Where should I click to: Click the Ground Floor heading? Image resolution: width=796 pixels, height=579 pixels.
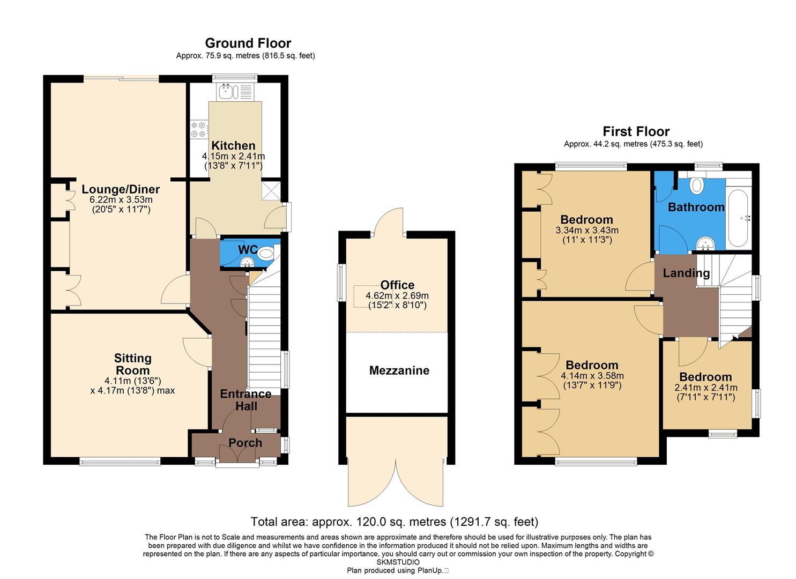pyautogui.click(x=248, y=43)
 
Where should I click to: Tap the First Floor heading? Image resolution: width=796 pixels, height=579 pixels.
pyautogui.click(x=636, y=131)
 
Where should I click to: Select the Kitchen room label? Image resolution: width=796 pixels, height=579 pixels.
pyautogui.click(x=233, y=146)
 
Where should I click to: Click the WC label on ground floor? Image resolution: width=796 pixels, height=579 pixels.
pyautogui.click(x=248, y=250)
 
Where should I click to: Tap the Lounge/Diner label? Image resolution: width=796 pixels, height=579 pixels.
pyautogui.click(x=121, y=189)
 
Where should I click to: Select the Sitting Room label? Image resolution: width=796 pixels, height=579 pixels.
pyautogui.click(x=133, y=364)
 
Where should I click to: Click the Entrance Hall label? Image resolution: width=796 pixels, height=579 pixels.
pyautogui.click(x=246, y=400)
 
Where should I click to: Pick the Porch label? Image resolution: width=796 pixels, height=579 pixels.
pyautogui.click(x=246, y=443)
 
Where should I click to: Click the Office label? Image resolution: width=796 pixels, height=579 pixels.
pyautogui.click(x=397, y=285)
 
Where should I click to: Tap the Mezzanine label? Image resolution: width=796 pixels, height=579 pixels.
pyautogui.click(x=399, y=370)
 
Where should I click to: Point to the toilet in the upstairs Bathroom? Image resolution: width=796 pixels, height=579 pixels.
pyautogui.click(x=697, y=185)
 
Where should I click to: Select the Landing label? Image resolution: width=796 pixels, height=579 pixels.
pyautogui.click(x=686, y=273)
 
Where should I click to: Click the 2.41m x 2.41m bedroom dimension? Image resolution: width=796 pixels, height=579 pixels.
pyautogui.click(x=705, y=388)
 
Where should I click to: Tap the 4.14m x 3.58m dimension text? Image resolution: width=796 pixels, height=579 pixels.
pyautogui.click(x=592, y=376)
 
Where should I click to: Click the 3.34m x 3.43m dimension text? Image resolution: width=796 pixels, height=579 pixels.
pyautogui.click(x=586, y=231)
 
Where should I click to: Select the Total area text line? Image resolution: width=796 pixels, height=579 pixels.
pyautogui.click(x=394, y=522)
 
